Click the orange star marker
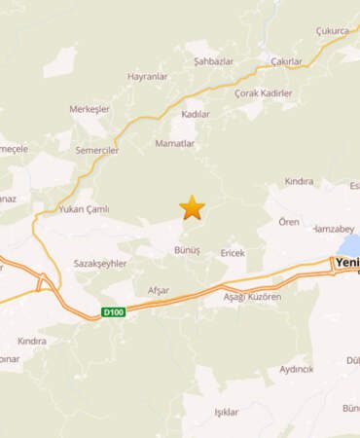[x=193, y=206]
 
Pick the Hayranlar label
[x=149, y=75]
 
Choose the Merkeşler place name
[x=90, y=111]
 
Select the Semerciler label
[x=95, y=152]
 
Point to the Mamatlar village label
[x=175, y=143]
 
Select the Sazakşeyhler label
[x=100, y=265]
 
